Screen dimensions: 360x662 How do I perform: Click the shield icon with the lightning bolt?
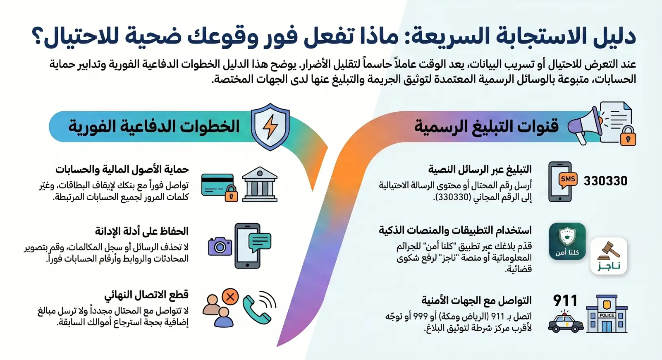[270, 127]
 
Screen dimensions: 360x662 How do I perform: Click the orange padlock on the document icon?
[628, 136]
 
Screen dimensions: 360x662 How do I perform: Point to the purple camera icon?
[220, 246]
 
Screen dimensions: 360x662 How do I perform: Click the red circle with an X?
[230, 297]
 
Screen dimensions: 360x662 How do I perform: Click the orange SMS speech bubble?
[568, 180]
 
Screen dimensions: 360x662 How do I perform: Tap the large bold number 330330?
[605, 181]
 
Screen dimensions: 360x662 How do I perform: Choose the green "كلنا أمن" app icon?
[567, 241]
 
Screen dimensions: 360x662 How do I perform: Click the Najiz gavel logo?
[609, 256]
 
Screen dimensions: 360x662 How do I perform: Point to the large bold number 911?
[565, 300]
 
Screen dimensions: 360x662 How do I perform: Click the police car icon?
[565, 324]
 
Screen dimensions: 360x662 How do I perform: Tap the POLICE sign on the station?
[607, 315]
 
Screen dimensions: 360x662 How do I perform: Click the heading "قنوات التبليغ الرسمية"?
[486, 126]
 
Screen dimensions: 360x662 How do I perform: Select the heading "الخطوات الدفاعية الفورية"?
[154, 126]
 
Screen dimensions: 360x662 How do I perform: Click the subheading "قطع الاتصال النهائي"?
[146, 295]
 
